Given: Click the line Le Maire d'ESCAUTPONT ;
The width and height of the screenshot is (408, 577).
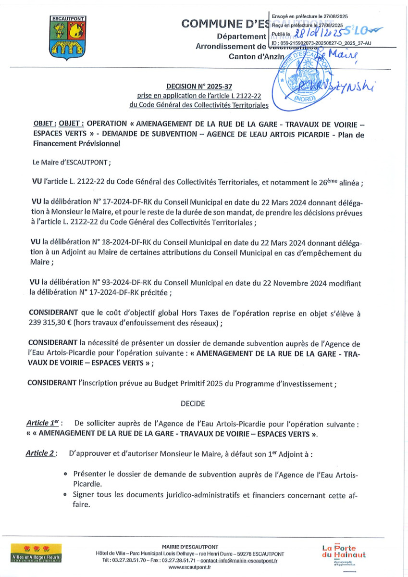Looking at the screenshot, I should pyautogui.click(x=72, y=162).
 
